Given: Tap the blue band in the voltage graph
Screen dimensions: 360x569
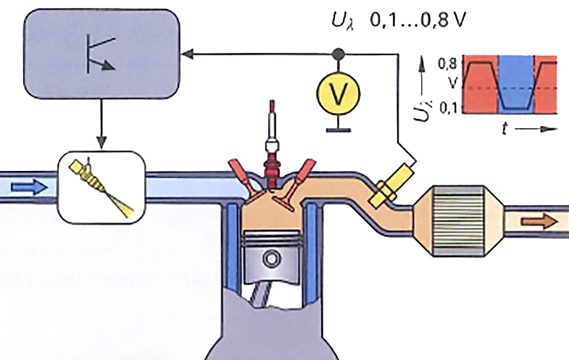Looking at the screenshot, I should click(515, 83).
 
